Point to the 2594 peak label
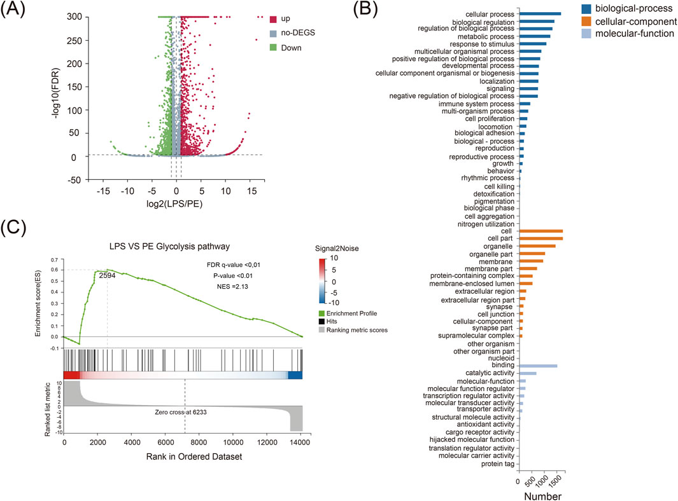(108, 276)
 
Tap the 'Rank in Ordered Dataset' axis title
(183, 456)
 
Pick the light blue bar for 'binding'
(538, 366)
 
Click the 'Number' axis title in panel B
(540, 495)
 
